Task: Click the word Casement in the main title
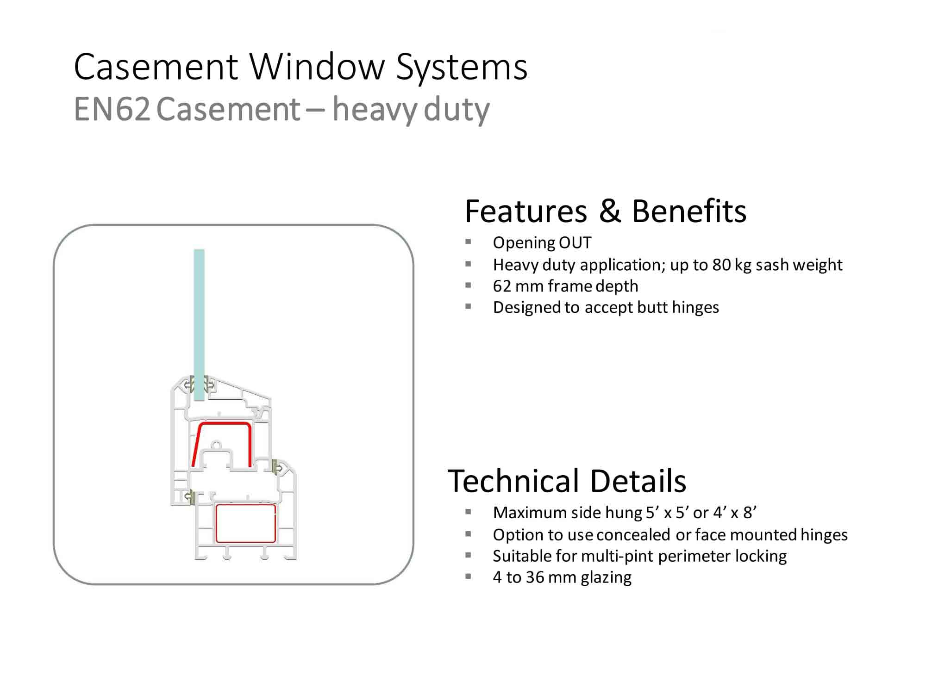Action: click(x=156, y=67)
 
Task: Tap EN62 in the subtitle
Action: click(x=112, y=110)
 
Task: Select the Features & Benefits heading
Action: click(x=606, y=211)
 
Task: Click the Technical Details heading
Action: click(x=567, y=481)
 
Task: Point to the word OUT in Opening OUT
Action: click(x=575, y=242)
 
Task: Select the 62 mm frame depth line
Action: click(x=565, y=286)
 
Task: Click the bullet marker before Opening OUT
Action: click(x=468, y=242)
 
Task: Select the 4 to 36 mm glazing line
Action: click(x=562, y=577)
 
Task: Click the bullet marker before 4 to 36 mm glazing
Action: click(x=468, y=576)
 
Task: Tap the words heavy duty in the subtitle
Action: click(x=411, y=110)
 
